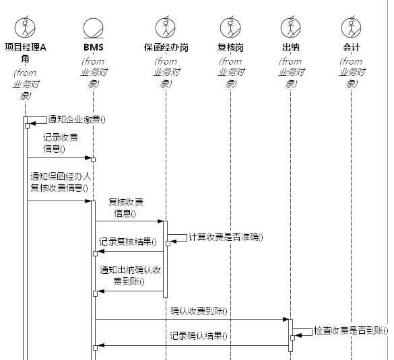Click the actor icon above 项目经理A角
pyautogui.click(x=25, y=27)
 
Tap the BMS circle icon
pyautogui.click(x=93, y=28)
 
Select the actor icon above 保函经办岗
pyautogui.click(x=165, y=27)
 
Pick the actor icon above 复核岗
pyautogui.click(x=230, y=27)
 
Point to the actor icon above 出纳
pyautogui.click(x=290, y=27)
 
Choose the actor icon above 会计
pyautogui.click(x=351, y=27)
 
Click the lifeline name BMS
pyautogui.click(x=94, y=47)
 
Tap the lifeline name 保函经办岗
pyautogui.click(x=166, y=48)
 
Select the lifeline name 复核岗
pyautogui.click(x=230, y=48)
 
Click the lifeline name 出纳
pyautogui.click(x=291, y=48)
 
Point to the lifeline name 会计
pyautogui.click(x=352, y=48)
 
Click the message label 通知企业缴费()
pyautogui.click(x=77, y=120)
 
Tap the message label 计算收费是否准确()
pyautogui.click(x=226, y=238)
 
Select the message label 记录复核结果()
pyautogui.click(x=128, y=242)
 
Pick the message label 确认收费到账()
pyautogui.click(x=199, y=312)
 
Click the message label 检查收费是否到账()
pyautogui.click(x=351, y=331)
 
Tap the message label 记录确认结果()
pyautogui.click(x=199, y=336)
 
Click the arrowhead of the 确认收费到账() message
pyautogui.click(x=286, y=320)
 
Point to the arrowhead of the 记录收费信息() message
pyautogui.click(x=88, y=158)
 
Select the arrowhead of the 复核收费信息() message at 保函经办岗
pyautogui.click(x=160, y=221)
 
